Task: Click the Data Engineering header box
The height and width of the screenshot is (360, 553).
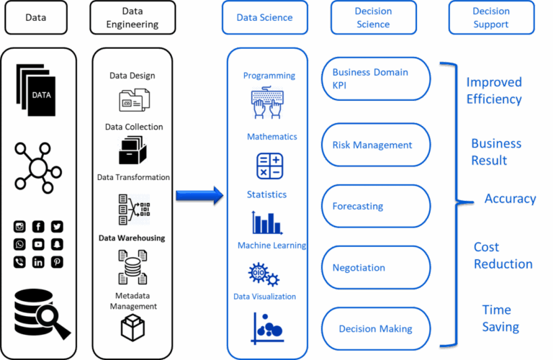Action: tap(132, 17)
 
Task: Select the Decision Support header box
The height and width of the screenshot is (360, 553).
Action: tap(491, 17)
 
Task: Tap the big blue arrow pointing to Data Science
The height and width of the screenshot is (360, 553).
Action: tap(199, 195)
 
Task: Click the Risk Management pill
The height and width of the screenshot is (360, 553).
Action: tap(376, 145)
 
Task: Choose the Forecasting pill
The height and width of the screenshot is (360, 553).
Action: tap(376, 206)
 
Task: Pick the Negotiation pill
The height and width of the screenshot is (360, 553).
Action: tap(376, 268)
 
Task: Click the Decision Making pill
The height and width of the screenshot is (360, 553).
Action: tap(376, 329)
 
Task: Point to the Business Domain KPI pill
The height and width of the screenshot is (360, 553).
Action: tap(376, 79)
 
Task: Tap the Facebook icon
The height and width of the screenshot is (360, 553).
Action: tap(38, 226)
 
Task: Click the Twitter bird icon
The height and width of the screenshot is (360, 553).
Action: tap(57, 226)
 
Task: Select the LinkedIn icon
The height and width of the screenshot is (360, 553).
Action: tap(38, 262)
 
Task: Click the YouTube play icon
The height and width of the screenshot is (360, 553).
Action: tap(38, 244)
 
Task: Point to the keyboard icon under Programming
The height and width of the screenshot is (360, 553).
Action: tap(267, 103)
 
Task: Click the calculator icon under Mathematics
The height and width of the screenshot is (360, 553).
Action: tap(270, 166)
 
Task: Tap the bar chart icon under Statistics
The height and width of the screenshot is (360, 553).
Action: tap(267, 222)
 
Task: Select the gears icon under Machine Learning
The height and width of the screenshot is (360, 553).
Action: tap(264, 274)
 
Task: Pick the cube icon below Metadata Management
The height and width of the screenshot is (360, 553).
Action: tap(132, 328)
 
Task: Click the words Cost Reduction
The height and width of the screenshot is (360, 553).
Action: tap(503, 256)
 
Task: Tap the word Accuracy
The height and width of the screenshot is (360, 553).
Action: tap(510, 199)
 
